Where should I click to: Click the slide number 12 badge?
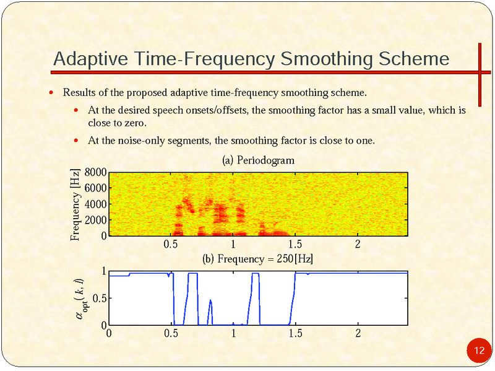click(478, 351)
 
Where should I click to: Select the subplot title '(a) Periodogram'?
click(258, 160)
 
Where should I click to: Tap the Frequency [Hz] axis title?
click(75, 204)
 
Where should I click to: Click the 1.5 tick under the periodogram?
click(295, 243)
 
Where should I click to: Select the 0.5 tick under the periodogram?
click(171, 243)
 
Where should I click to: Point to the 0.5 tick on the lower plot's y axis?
click(98, 299)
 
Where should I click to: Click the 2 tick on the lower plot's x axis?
click(358, 333)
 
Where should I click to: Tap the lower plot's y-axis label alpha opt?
click(78, 299)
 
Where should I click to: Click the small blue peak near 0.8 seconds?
click(210, 301)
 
